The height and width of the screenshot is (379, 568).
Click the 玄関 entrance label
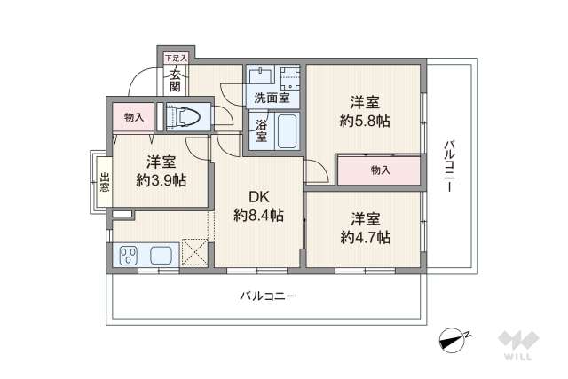tap(174, 80)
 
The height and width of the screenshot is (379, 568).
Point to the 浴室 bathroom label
tap(262, 130)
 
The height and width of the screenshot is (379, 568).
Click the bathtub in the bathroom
tap(287, 131)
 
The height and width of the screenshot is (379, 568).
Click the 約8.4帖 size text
tap(258, 215)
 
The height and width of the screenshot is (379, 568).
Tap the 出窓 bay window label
tap(104, 182)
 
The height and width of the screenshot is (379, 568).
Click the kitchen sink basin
tap(162, 256)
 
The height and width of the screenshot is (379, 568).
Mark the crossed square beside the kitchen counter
tap(194, 251)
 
